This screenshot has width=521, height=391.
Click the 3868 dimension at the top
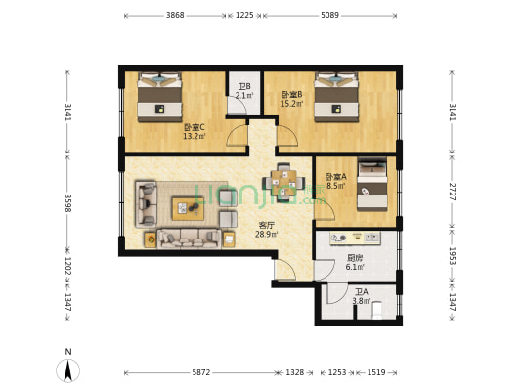[175, 15]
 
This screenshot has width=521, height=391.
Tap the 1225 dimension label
[244, 15]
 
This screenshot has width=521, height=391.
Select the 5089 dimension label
[330, 15]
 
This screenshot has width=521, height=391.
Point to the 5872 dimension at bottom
[201, 372]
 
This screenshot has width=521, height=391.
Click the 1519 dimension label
[376, 372]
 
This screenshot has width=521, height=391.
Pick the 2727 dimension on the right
[452, 192]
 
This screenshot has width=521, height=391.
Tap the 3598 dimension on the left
[67, 203]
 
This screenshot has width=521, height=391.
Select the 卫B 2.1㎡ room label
[244, 91]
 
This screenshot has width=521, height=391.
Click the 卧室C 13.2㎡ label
[195, 132]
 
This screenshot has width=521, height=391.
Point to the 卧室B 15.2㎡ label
[292, 99]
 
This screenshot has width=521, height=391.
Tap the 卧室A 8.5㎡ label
[336, 181]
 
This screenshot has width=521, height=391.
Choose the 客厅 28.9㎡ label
[267, 230]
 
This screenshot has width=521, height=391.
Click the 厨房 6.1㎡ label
[355, 262]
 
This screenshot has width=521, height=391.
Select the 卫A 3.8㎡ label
[361, 296]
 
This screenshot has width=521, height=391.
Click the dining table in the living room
[283, 183]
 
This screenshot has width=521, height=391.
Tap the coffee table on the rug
[188, 208]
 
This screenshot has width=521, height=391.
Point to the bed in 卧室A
[372, 184]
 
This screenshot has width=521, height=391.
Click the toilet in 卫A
[377, 310]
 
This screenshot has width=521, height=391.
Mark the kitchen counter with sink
[355, 239]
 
